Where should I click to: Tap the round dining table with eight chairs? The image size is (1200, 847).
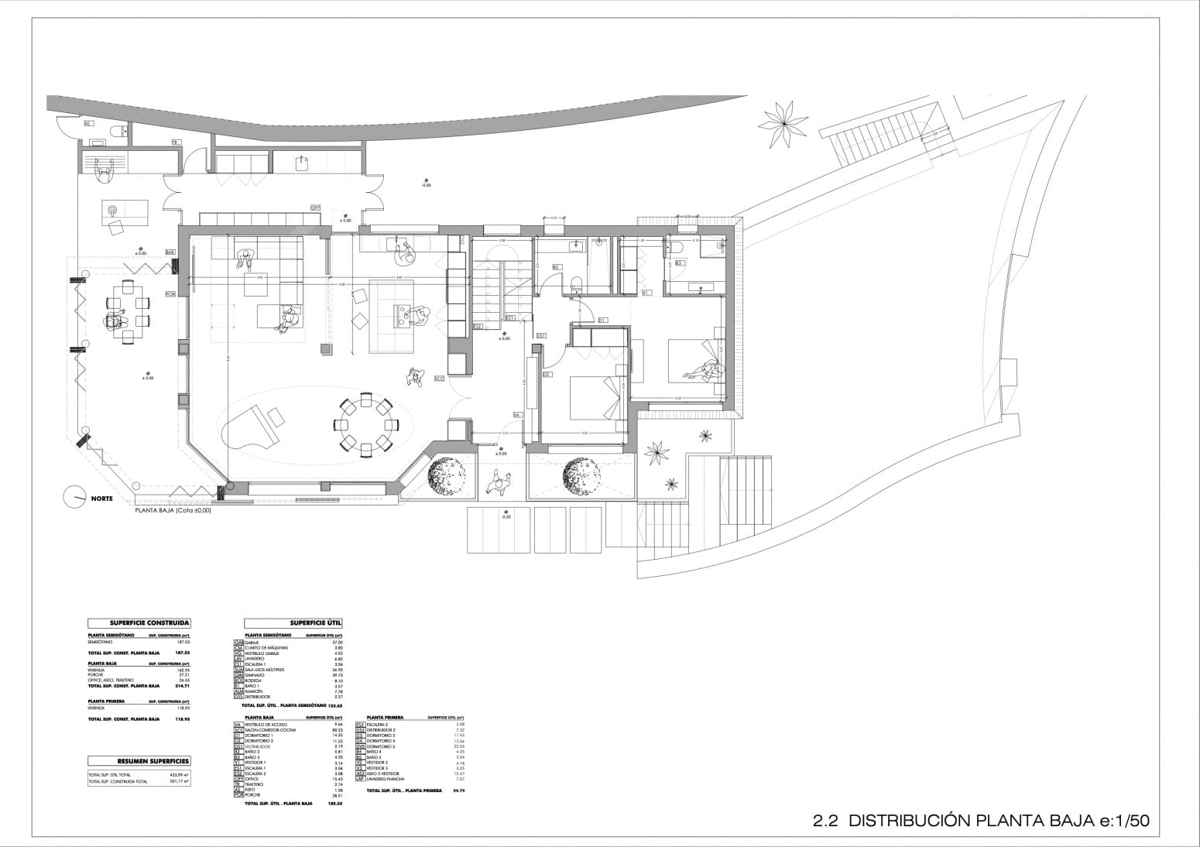pyautogui.click(x=365, y=423)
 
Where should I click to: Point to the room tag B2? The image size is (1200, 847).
pyautogui.click(x=556, y=267)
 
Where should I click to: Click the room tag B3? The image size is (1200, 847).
pyautogui.click(x=679, y=263)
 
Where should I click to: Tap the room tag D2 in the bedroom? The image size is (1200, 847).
pyautogui.click(x=546, y=375)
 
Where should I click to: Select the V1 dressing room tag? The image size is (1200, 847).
pyautogui.click(x=646, y=293)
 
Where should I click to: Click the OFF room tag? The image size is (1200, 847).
pyautogui.click(x=315, y=207)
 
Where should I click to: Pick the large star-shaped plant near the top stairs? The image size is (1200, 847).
pyautogui.click(x=783, y=119)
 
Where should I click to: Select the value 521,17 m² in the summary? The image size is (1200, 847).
pyautogui.click(x=179, y=781)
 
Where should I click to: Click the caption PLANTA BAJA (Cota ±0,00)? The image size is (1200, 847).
pyautogui.click(x=173, y=511)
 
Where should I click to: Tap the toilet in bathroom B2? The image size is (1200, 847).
pyautogui.click(x=575, y=283)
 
